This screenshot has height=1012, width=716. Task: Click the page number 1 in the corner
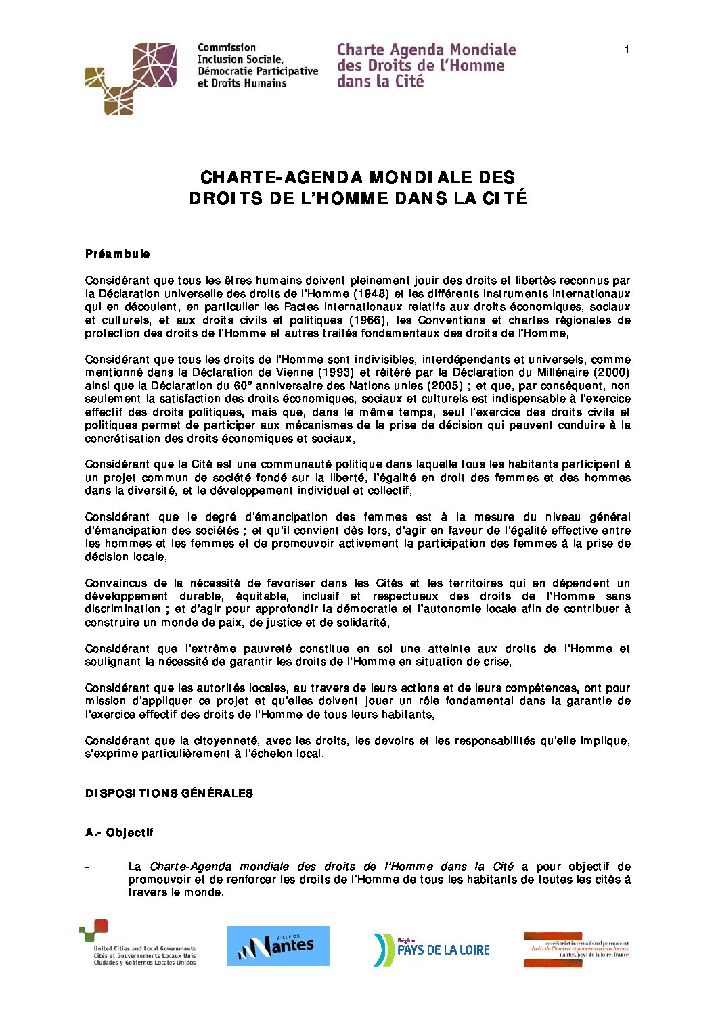click(x=627, y=49)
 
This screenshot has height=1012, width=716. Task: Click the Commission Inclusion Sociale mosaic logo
click(x=131, y=78)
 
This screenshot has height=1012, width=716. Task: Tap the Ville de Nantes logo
click(x=278, y=946)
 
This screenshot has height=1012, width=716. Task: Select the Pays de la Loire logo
click(x=431, y=949)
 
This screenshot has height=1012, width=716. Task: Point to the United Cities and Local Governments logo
click(x=138, y=944)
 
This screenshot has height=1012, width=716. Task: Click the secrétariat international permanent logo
click(x=577, y=949)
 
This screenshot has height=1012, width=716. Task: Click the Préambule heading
click(x=118, y=254)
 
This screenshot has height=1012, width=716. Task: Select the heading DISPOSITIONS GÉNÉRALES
click(x=169, y=793)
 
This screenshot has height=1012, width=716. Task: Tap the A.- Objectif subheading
click(x=119, y=833)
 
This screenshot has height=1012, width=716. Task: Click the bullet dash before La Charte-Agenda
click(x=87, y=867)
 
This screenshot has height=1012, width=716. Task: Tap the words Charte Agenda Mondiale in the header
click(x=426, y=50)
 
